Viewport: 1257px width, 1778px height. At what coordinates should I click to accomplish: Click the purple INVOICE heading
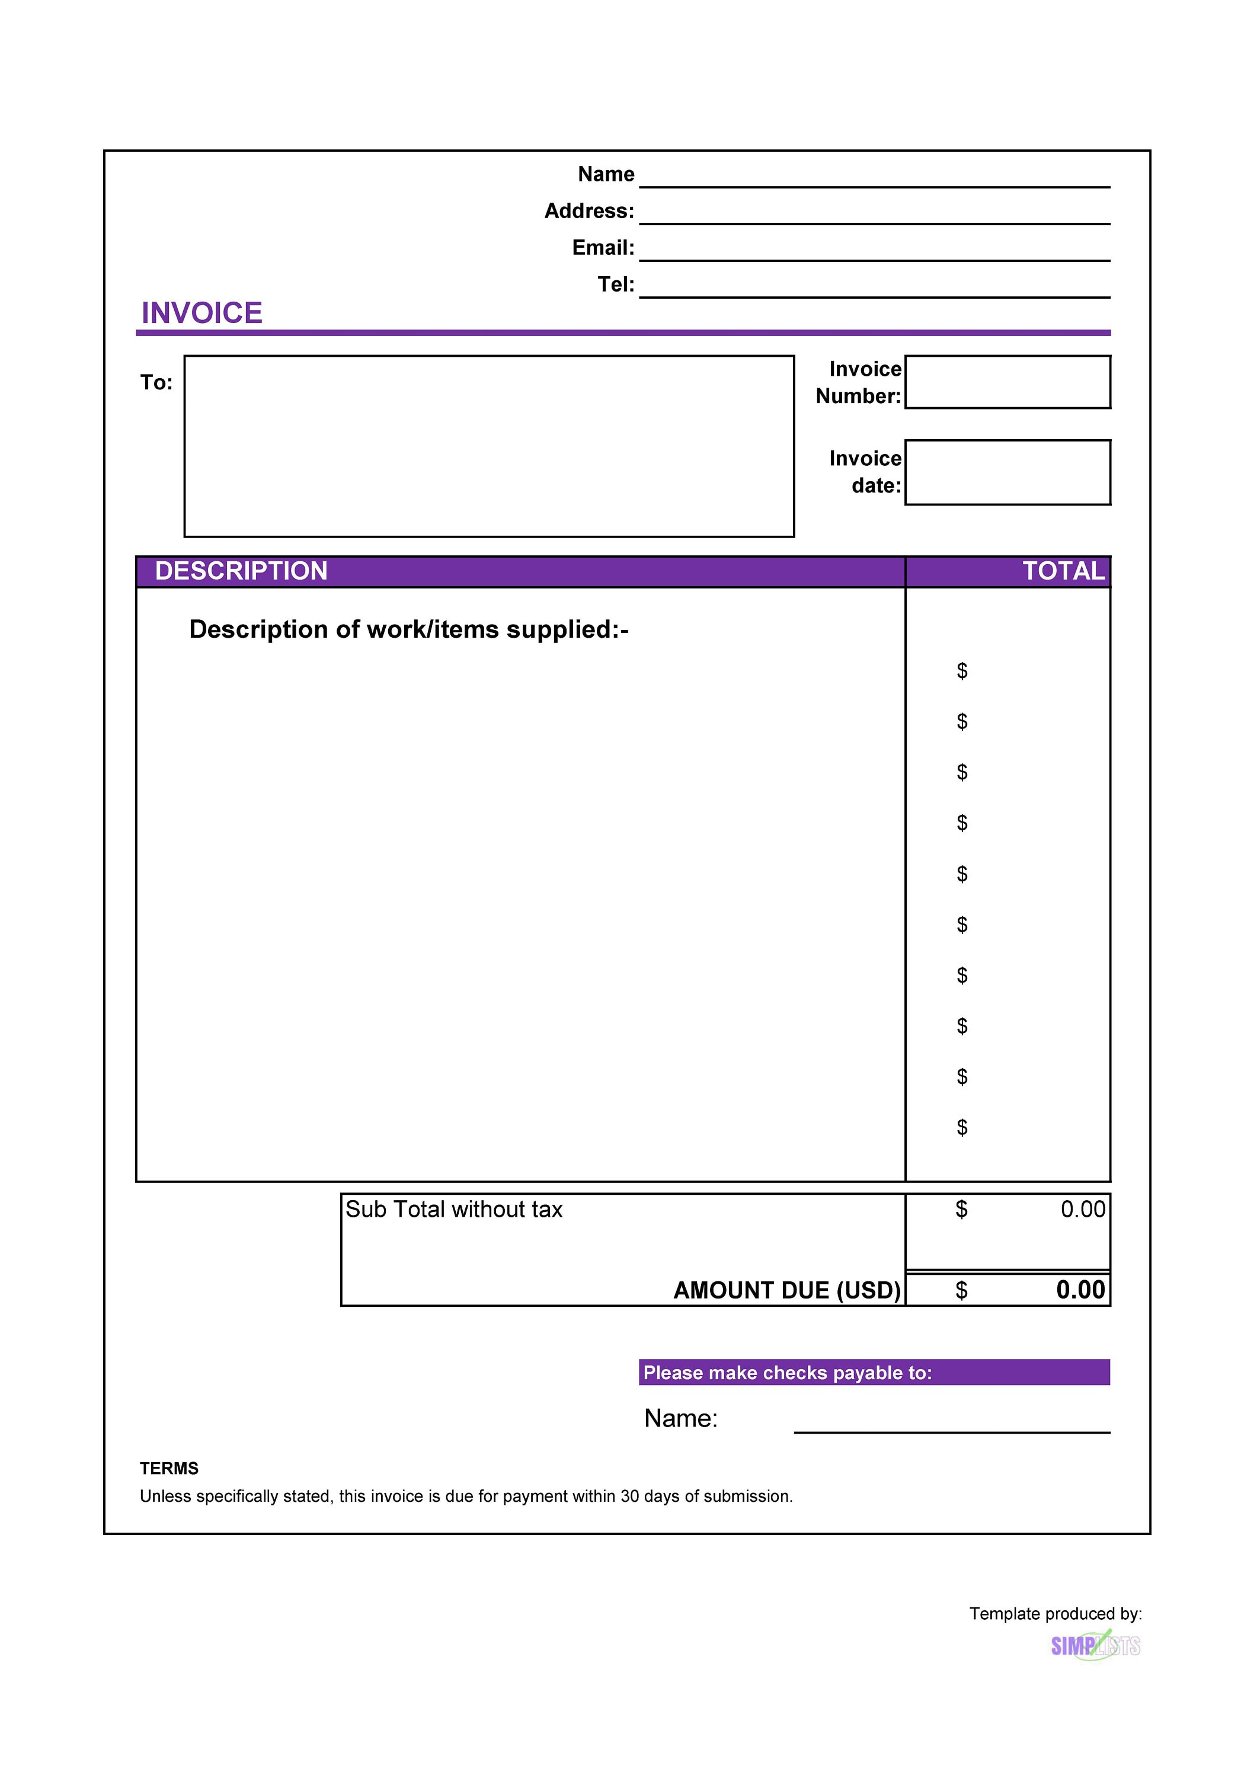[201, 313]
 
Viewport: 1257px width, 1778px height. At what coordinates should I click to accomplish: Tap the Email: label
[603, 247]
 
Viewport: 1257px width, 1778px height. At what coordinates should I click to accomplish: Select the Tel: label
[616, 284]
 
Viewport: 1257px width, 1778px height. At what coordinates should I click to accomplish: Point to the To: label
[156, 382]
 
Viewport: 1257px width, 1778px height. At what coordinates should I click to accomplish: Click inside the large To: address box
[489, 446]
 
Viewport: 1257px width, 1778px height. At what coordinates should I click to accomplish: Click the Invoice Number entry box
[1007, 382]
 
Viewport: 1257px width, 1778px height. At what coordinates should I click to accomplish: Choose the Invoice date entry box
[1007, 472]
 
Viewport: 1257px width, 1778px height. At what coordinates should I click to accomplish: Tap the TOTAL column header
[1063, 571]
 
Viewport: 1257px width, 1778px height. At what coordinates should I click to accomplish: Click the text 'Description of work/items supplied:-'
[408, 629]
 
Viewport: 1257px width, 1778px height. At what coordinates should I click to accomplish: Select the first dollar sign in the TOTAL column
[961, 671]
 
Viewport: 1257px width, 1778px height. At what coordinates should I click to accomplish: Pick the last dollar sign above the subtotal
[961, 1127]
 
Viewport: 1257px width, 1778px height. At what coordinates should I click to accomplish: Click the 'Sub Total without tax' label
[453, 1209]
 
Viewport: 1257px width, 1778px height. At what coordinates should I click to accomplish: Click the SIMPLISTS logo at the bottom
[1095, 1646]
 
